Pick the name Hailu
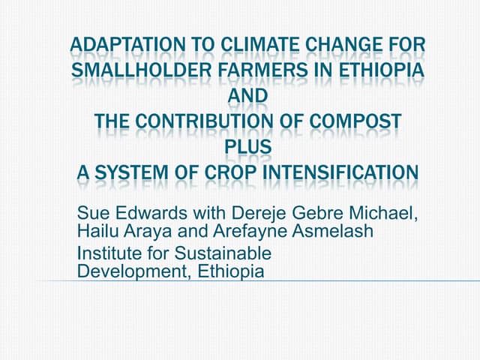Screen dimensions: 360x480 point(97,232)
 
